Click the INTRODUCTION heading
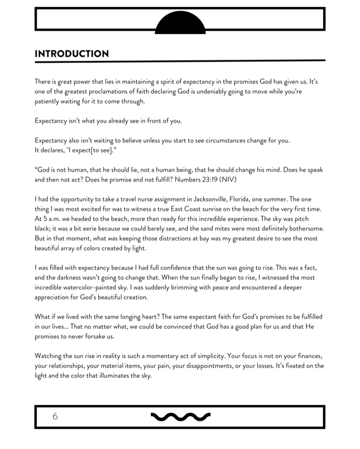71,54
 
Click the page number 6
55,416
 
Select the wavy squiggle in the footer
181,416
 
